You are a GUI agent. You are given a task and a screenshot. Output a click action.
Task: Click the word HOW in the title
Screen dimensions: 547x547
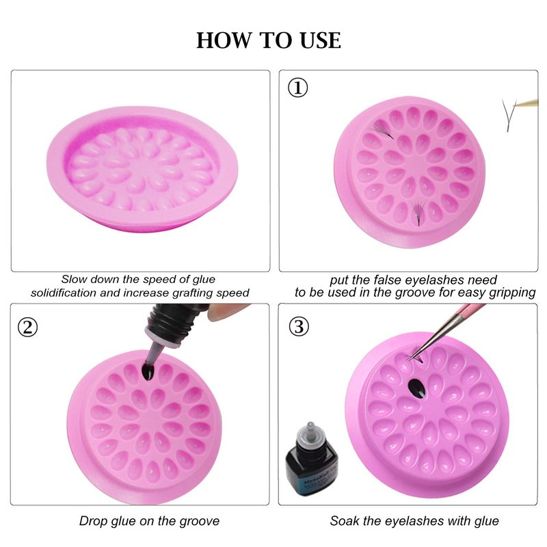[x=224, y=40]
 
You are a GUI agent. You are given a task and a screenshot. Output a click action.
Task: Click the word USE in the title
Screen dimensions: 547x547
[x=320, y=40]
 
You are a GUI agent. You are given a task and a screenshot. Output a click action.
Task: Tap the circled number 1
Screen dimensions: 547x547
[x=297, y=88]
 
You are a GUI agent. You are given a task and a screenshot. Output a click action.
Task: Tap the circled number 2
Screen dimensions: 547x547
[x=27, y=328]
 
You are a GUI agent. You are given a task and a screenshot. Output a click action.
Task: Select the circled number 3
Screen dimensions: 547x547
[x=299, y=327]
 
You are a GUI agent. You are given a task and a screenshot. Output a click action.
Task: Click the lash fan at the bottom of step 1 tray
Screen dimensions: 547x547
[x=418, y=212]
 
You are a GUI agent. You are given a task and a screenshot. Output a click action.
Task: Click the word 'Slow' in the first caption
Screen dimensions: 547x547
[x=73, y=280]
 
